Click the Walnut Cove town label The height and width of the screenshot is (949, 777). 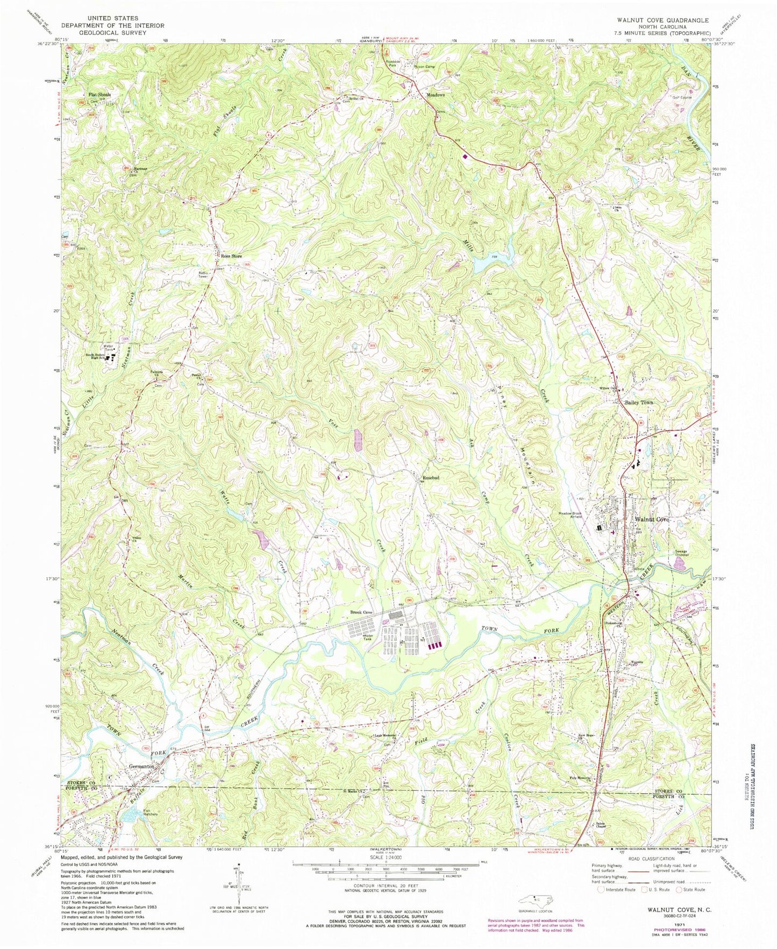[x=652, y=519]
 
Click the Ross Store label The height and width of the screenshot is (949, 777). [x=232, y=256]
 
